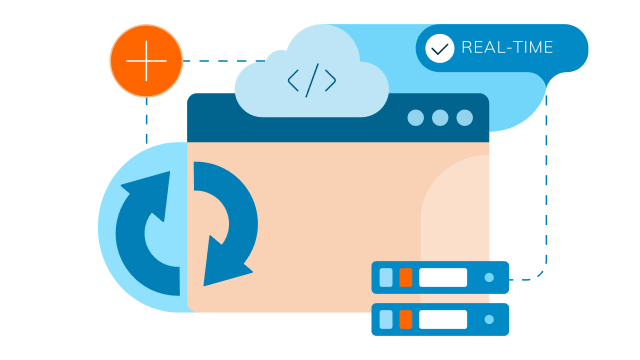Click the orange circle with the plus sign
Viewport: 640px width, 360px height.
point(146,61)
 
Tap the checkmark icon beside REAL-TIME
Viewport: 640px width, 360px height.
point(439,48)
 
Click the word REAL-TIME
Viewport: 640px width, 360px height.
point(507,48)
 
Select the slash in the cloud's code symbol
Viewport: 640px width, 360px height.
point(311,81)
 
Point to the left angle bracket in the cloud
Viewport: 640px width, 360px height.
point(294,81)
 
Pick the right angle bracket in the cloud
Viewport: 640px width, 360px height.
point(329,81)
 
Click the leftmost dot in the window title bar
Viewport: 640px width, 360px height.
point(416,118)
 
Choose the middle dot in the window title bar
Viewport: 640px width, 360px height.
point(440,118)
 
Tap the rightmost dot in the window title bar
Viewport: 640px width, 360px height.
point(464,118)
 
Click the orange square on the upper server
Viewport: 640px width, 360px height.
point(405,277)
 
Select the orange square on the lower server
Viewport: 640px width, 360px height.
point(405,319)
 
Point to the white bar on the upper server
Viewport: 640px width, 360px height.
point(443,277)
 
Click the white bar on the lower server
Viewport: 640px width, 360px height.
point(443,319)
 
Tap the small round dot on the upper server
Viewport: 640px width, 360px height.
point(489,277)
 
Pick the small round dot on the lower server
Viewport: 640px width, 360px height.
point(489,319)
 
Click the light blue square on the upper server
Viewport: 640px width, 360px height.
point(386,277)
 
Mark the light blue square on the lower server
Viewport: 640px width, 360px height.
point(386,319)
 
